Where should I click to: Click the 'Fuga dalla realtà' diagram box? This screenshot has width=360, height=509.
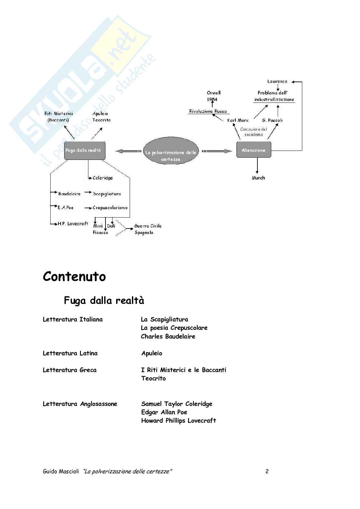pyautogui.click(x=85, y=151)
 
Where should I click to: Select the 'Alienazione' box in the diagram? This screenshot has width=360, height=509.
pyautogui.click(x=254, y=151)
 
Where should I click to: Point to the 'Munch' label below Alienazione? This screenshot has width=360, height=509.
pyautogui.click(x=258, y=178)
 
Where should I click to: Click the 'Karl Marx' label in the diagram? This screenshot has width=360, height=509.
pyautogui.click(x=238, y=120)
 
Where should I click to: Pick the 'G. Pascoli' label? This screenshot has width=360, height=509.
pyautogui.click(x=272, y=120)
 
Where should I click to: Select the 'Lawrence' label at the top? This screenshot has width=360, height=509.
pyautogui.click(x=277, y=82)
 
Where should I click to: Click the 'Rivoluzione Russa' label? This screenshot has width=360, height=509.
pyautogui.click(x=208, y=111)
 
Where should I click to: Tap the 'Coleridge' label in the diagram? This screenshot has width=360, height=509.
pyautogui.click(x=103, y=178)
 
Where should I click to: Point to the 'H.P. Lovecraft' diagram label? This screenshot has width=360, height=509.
pyautogui.click(x=73, y=223)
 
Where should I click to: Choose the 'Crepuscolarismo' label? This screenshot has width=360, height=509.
pyautogui.click(x=110, y=208)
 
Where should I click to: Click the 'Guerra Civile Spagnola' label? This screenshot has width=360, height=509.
pyautogui.click(x=148, y=229)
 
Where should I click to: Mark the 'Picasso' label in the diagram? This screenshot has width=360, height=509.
pyautogui.click(x=100, y=232)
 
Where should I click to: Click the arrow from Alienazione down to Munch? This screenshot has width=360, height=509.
pyautogui.click(x=257, y=166)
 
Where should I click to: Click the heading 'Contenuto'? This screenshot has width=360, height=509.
pyautogui.click(x=74, y=277)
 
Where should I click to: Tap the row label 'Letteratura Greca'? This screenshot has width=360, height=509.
pyautogui.click(x=70, y=370)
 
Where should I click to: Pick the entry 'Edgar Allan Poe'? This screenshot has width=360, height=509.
pyautogui.click(x=164, y=412)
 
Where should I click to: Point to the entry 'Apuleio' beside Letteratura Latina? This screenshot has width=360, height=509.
pyautogui.click(x=152, y=353)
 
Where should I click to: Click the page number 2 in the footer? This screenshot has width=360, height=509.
pyautogui.click(x=267, y=471)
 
